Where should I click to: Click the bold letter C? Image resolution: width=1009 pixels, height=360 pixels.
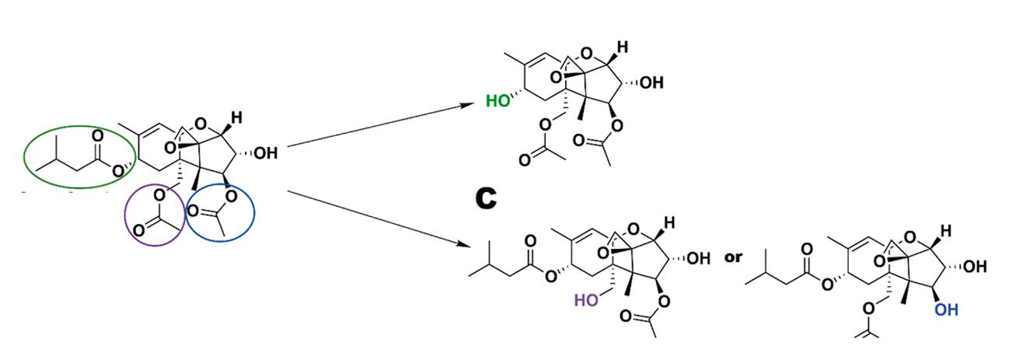point(487,199)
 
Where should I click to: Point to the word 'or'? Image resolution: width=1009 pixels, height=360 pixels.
point(734,258)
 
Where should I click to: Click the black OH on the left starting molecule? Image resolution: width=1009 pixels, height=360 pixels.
point(264,153)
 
